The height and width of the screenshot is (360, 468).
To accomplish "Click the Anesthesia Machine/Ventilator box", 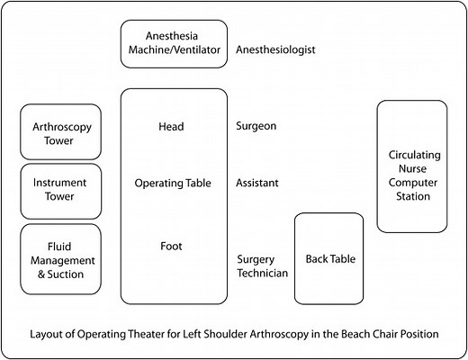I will point(173,43).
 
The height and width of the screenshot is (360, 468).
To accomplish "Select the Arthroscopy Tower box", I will point(61,133).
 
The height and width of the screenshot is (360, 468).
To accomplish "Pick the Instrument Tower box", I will point(61,190).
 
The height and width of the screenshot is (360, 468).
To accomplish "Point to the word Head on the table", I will point(172,127).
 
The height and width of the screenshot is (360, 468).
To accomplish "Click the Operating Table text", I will point(172,183).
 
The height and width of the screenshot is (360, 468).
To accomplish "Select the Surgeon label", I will point(256,127).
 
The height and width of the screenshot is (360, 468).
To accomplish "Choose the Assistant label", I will point(256,183).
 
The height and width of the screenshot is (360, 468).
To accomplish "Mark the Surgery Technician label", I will point(262,265).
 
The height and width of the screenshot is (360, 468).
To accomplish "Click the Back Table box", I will point(329,259).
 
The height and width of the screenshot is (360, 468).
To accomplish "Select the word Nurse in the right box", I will point(411,168).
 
